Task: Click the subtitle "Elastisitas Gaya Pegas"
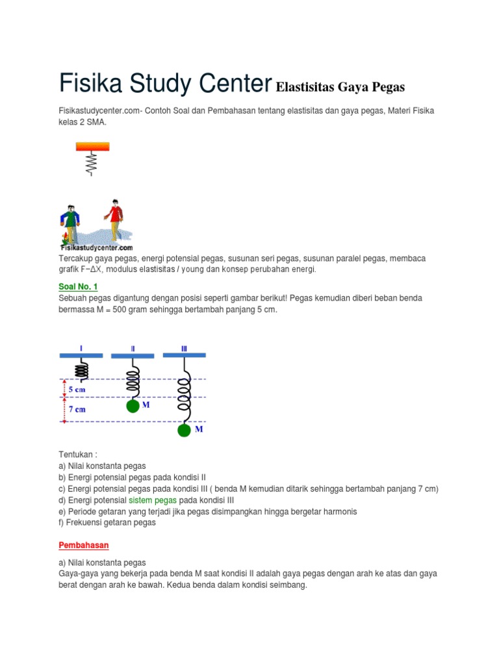click(340, 87)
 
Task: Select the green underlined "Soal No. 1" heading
click(77, 286)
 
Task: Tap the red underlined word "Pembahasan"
click(84, 546)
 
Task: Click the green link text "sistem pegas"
click(153, 500)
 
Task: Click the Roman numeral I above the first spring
click(81, 348)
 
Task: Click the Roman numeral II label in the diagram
click(133, 348)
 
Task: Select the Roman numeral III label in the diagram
click(184, 348)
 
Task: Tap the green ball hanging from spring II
click(133, 407)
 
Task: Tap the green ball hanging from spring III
click(185, 430)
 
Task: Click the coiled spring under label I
click(82, 369)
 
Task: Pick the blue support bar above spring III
click(184, 355)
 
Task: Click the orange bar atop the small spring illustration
click(92, 147)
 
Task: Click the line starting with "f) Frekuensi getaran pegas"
click(107, 522)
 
